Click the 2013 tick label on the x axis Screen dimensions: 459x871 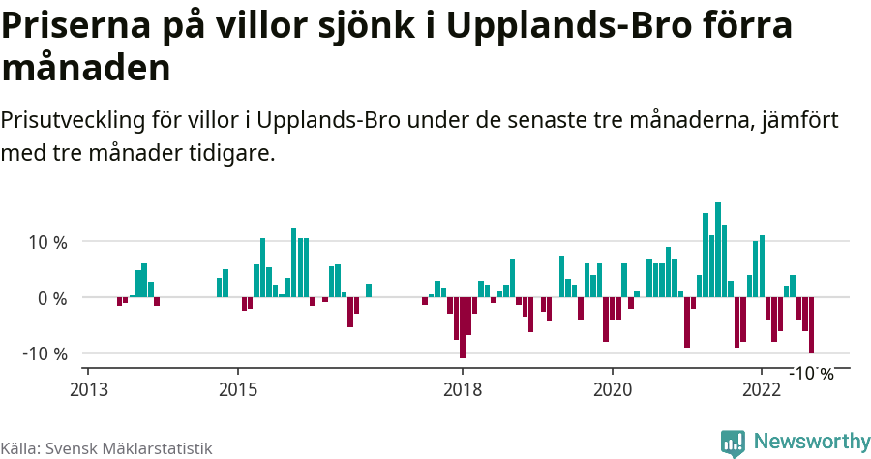click(88, 389)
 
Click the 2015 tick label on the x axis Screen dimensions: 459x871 click(238, 389)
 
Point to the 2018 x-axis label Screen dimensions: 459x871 click(463, 389)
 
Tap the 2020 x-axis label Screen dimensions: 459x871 click(612, 389)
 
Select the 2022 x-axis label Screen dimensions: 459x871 click(762, 389)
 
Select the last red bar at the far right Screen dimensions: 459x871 click(811, 325)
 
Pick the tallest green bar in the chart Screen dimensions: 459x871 click(718, 250)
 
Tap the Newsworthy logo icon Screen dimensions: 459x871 click(733, 443)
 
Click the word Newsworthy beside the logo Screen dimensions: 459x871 click(811, 442)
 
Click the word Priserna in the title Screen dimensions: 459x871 click(75, 26)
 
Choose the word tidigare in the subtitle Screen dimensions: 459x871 click(233, 154)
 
